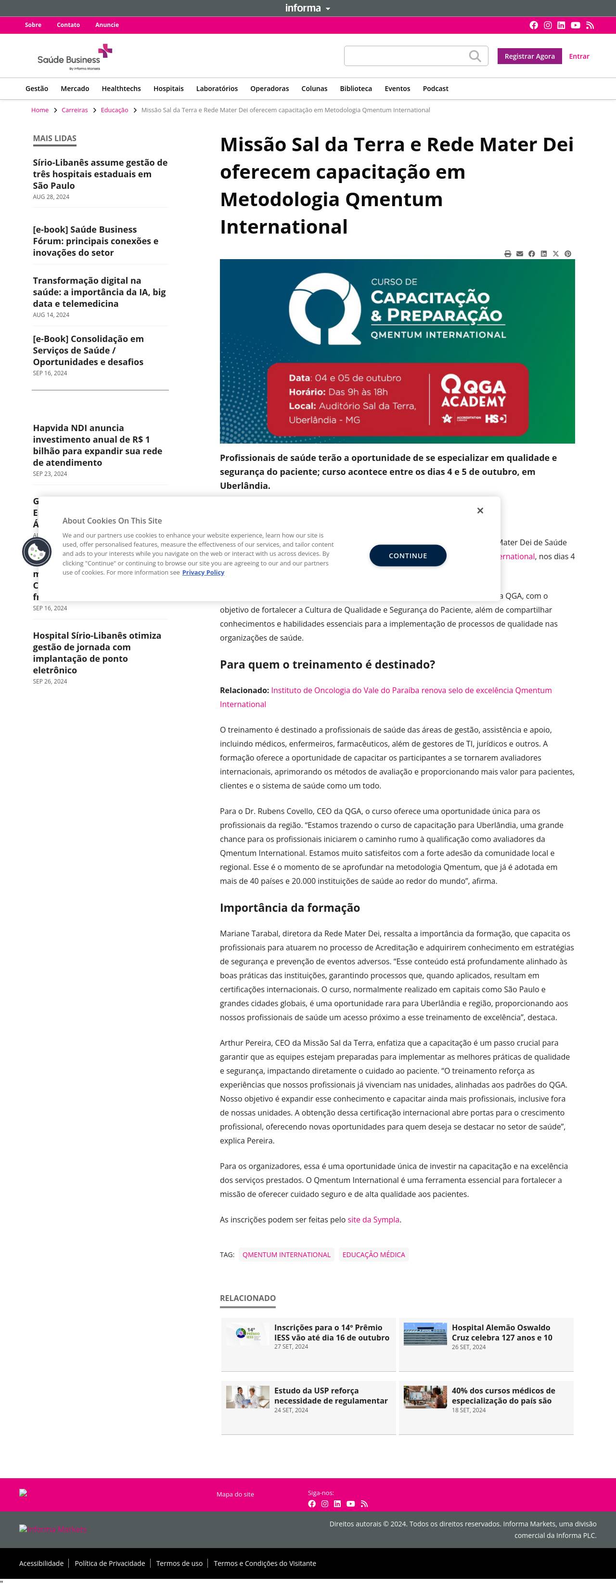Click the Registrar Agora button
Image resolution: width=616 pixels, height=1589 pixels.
(x=529, y=56)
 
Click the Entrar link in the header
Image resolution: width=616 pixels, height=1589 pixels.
(x=578, y=56)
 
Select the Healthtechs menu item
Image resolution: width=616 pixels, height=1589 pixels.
(x=121, y=89)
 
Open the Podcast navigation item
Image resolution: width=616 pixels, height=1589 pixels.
(x=436, y=89)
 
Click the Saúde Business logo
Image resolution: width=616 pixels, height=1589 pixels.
(x=75, y=57)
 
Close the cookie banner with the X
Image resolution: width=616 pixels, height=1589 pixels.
(x=480, y=511)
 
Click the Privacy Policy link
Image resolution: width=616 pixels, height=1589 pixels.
(x=203, y=572)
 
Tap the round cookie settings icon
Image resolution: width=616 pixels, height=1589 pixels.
(x=37, y=552)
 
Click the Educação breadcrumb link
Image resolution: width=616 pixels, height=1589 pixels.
(x=114, y=110)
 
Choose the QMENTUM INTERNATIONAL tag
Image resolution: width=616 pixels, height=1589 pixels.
(x=286, y=1254)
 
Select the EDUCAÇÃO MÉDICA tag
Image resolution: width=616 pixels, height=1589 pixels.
(x=373, y=1254)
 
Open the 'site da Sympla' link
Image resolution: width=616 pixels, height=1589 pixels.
(x=373, y=1220)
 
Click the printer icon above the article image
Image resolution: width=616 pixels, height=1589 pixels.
(x=507, y=253)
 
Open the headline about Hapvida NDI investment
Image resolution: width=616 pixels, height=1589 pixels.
(x=97, y=445)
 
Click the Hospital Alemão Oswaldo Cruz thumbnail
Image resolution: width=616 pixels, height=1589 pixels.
(x=425, y=1334)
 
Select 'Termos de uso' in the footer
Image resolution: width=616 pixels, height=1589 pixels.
(x=179, y=1563)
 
